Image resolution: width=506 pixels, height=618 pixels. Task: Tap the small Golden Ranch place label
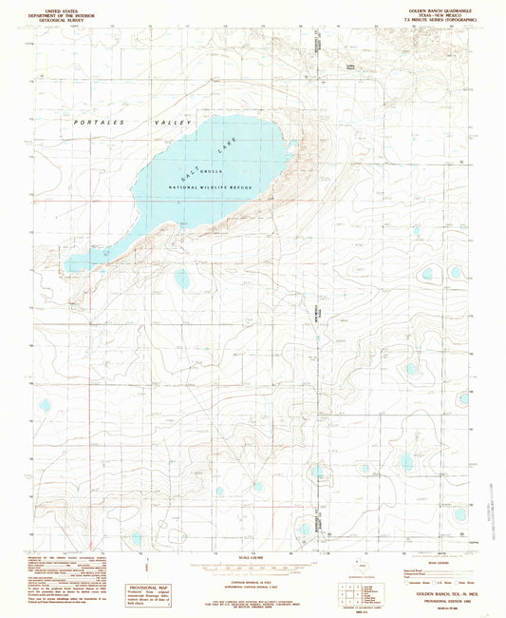click(349, 66)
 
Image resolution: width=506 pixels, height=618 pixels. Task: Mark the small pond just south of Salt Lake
click(180, 278)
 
